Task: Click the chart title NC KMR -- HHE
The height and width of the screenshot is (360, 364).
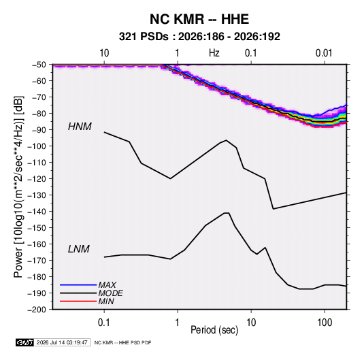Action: pyautogui.click(x=199, y=19)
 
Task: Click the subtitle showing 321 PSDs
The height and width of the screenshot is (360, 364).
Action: pyautogui.click(x=199, y=37)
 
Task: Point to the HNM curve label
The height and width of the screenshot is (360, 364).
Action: pyautogui.click(x=80, y=127)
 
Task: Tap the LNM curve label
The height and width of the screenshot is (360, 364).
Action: pyautogui.click(x=79, y=249)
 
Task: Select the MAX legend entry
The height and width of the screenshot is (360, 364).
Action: pyautogui.click(x=107, y=284)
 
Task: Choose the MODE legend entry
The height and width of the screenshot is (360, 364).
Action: pyautogui.click(x=110, y=293)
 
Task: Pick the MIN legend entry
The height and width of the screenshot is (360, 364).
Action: pyautogui.click(x=106, y=301)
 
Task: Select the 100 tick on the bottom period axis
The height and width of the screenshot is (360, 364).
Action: pyautogui.click(x=325, y=323)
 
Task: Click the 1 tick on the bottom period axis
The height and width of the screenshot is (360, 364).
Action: pyautogui.click(x=178, y=323)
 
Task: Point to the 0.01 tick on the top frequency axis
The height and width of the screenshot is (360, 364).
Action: pyautogui.click(x=324, y=53)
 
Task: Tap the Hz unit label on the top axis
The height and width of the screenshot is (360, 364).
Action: pyautogui.click(x=214, y=53)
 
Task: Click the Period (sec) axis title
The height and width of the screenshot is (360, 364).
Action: pyautogui.click(x=214, y=330)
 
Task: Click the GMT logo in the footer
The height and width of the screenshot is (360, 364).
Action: pyautogui.click(x=25, y=342)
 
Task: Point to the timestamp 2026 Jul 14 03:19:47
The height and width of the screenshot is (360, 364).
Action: pyautogui.click(x=62, y=342)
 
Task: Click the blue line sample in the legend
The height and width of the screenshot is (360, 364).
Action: pyautogui.click(x=78, y=284)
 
